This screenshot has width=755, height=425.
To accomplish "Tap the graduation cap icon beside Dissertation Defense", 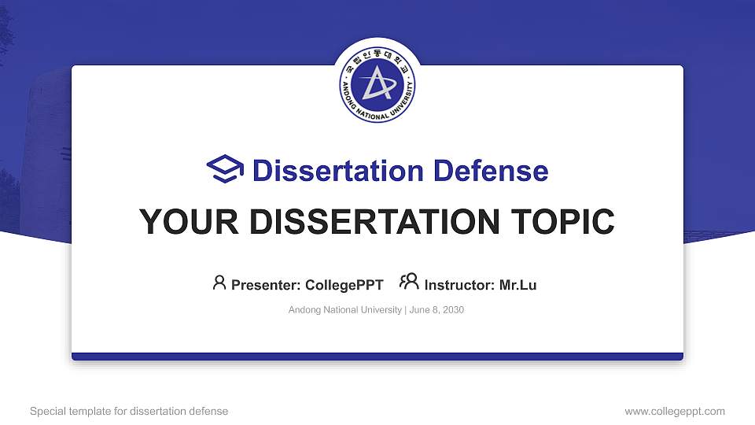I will pos(225,170).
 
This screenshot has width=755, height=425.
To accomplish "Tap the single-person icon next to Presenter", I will pos(219,283).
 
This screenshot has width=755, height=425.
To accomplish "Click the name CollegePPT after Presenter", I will pos(344,285).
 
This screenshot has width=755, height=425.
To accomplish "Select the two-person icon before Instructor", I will pos(409,282).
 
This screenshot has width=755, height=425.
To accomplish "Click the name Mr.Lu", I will pos(518,285).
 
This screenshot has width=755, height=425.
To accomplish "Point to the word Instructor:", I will pos(460,285).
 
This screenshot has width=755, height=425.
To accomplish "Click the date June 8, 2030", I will pos(437,310).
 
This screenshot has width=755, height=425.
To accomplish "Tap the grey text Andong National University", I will pos(345,310).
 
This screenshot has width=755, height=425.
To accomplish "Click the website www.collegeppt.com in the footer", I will pos(675,411).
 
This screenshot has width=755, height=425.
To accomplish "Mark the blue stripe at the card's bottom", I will pos(377,357).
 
